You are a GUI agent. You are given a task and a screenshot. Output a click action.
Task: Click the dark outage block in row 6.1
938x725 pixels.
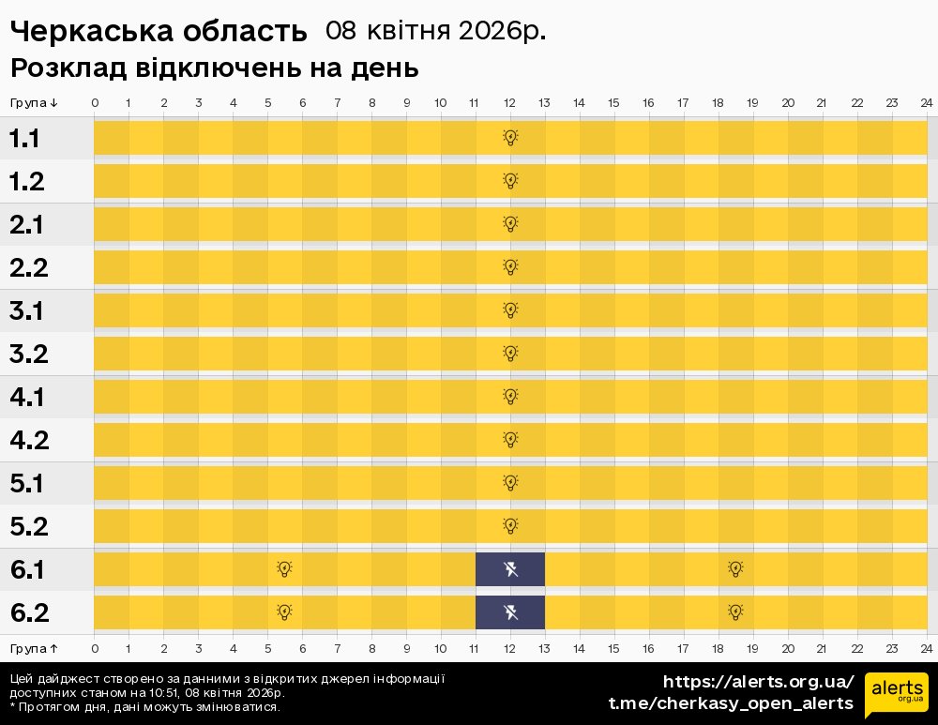(x=510, y=568)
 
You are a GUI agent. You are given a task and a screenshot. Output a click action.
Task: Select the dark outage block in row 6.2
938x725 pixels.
(x=510, y=612)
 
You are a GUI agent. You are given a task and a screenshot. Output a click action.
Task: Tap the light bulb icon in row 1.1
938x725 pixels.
(x=510, y=138)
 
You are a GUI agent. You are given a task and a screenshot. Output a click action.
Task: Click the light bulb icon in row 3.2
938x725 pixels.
(x=510, y=353)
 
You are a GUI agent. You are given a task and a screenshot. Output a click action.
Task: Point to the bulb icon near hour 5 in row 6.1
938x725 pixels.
(x=284, y=568)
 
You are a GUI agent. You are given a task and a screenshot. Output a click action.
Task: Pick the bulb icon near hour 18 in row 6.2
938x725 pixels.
(x=736, y=612)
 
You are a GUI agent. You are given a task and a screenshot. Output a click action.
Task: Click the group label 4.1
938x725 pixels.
(x=27, y=397)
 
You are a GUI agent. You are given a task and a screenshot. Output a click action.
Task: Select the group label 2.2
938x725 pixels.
(x=28, y=267)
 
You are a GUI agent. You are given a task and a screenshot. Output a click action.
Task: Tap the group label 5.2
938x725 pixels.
(x=28, y=526)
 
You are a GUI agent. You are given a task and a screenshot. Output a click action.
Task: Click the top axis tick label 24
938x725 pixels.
(x=926, y=102)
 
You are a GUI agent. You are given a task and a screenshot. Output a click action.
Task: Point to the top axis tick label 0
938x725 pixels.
(x=95, y=102)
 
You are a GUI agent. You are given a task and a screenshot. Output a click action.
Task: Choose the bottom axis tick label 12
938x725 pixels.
(x=510, y=648)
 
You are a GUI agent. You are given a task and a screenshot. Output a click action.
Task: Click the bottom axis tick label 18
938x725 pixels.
(x=719, y=648)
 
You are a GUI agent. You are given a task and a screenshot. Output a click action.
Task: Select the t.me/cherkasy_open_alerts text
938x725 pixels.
(x=731, y=703)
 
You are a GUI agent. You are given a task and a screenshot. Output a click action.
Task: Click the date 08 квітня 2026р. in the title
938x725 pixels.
(x=435, y=31)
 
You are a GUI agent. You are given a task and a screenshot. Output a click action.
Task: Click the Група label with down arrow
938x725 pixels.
(x=34, y=102)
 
